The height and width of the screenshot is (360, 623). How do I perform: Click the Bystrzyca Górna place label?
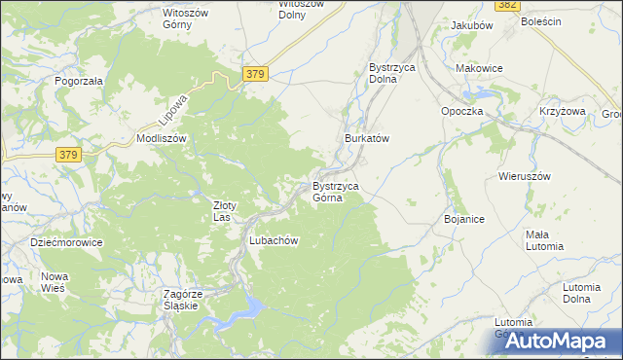click(336, 192)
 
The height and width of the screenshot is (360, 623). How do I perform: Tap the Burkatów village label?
click(367, 139)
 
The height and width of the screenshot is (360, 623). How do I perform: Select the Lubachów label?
click(273, 240)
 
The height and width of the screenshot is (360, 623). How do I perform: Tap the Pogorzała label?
click(79, 82)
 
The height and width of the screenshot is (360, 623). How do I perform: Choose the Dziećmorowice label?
click(66, 242)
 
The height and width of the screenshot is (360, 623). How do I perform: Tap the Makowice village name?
click(478, 68)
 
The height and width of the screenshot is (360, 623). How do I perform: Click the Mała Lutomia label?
click(544, 240)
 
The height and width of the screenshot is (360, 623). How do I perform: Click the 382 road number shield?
click(506, 5)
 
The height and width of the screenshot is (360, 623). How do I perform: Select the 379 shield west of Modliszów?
click(67, 155)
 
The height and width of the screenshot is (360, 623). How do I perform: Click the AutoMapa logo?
click(564, 339)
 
